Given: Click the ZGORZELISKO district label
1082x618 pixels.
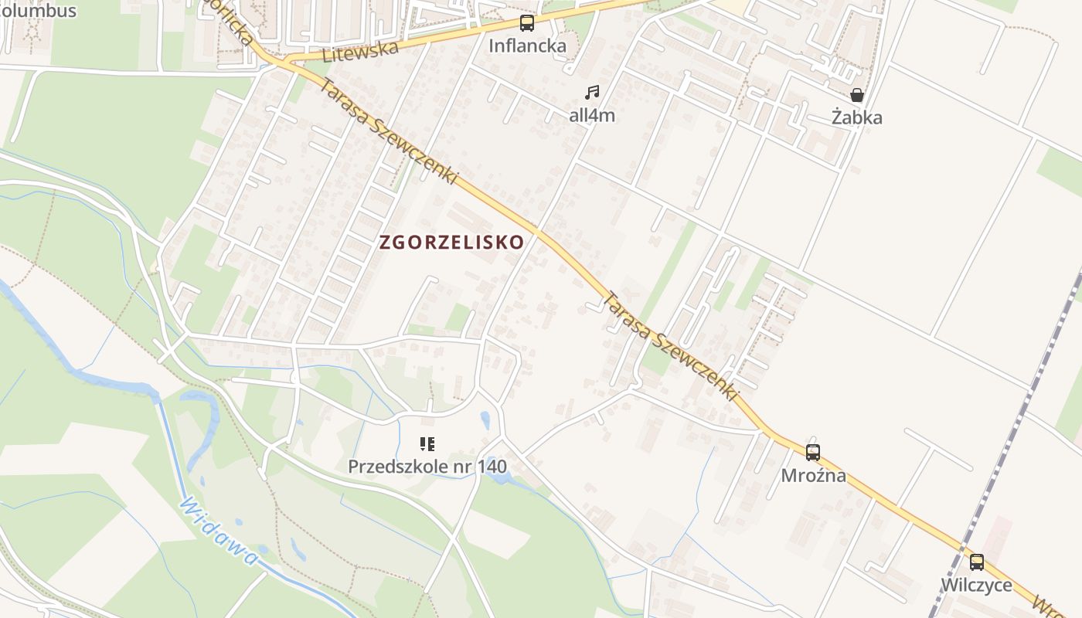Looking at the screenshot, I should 452,242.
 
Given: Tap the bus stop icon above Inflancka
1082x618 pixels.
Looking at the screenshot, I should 527,23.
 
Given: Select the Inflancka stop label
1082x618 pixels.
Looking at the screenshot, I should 527,46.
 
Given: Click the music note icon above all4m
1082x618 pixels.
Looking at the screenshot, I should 592,93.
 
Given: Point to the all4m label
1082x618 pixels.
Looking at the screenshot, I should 592,116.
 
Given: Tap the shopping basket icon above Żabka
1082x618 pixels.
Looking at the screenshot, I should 857,95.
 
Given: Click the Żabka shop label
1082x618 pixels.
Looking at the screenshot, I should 857,117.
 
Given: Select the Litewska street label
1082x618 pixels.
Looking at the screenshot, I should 360,52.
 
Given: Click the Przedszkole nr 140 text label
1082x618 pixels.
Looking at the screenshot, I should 427,467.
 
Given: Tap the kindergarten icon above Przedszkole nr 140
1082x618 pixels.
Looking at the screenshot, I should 427,444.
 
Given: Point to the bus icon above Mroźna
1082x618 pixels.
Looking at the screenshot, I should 813,453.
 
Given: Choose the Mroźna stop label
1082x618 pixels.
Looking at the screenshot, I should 813,475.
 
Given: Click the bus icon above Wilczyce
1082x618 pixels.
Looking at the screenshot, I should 977,562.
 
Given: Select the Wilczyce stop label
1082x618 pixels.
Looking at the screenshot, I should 977,585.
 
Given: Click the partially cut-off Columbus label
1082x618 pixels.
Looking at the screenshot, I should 39,10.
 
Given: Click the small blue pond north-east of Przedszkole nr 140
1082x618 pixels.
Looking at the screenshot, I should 485,419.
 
